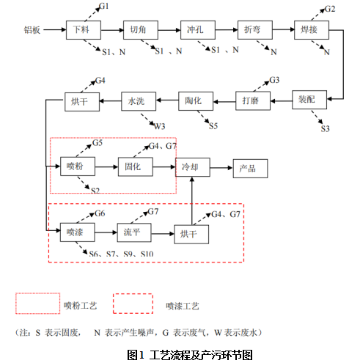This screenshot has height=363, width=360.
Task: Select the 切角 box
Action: [x=137, y=32]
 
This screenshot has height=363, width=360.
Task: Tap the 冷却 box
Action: [x=192, y=167]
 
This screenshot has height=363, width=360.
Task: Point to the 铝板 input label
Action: [x=33, y=32]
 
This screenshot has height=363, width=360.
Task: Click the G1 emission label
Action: [x=104, y=7]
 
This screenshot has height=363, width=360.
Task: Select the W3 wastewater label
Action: [x=160, y=125]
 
